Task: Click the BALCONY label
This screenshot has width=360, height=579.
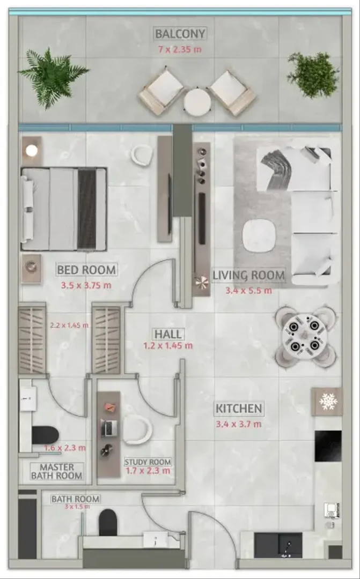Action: tap(180, 34)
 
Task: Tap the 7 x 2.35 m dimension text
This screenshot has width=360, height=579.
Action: tap(180, 49)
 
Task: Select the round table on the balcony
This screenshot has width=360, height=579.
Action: tap(197, 101)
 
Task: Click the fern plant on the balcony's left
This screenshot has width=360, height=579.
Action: tap(54, 78)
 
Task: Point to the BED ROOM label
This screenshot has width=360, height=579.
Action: tap(86, 270)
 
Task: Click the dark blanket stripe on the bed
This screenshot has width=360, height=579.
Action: tap(87, 209)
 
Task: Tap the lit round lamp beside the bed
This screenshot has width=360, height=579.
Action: tap(32, 150)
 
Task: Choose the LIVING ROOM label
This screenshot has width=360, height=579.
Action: tap(249, 275)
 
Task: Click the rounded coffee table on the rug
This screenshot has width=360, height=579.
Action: tap(260, 235)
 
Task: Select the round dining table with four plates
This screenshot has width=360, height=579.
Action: tap(305, 337)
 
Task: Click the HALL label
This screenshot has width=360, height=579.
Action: tap(168, 334)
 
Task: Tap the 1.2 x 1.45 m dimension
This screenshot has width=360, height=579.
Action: tap(168, 346)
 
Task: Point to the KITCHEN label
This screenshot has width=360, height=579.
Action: tap(239, 409)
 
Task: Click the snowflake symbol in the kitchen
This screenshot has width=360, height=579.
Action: tap(328, 402)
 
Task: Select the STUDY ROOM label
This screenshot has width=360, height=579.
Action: tap(148, 462)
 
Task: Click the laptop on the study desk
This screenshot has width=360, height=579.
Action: tap(109, 428)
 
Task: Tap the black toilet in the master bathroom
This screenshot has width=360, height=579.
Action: tap(45, 435)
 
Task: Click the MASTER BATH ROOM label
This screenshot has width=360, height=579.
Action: tap(56, 472)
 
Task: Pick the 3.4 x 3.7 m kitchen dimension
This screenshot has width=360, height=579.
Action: tap(239, 424)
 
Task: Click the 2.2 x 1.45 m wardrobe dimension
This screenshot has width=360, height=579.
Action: tap(69, 326)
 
